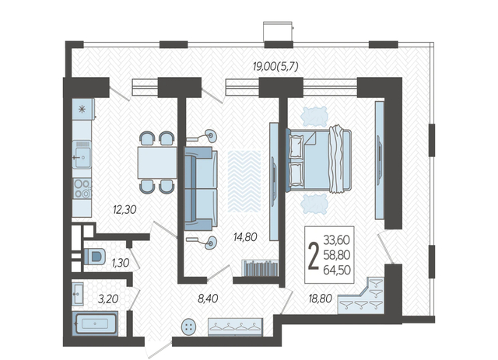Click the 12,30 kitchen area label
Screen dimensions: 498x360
click(124, 209)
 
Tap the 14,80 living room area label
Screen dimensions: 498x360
click(245, 237)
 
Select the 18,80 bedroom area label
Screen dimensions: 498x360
click(320, 299)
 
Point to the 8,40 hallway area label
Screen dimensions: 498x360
click(208, 299)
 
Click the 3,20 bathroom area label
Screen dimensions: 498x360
click(108, 299)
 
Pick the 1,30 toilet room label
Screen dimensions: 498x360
click(121, 263)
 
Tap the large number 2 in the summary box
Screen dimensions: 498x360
click(314, 255)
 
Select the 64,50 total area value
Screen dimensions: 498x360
click(337, 270)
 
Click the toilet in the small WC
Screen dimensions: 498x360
click(94, 256)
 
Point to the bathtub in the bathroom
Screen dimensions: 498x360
click(95, 323)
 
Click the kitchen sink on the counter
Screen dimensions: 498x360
click(82, 155)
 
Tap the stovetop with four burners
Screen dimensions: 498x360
click(82, 189)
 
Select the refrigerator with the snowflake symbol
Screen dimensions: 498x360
click(83, 109)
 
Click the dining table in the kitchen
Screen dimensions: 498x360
click(157, 163)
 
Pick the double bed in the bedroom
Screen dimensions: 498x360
click(318, 160)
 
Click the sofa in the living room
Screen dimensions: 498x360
click(201, 189)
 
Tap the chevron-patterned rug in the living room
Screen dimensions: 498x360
click(244, 181)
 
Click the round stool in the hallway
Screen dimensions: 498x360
click(188, 327)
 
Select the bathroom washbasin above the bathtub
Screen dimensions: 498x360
click(78, 294)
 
